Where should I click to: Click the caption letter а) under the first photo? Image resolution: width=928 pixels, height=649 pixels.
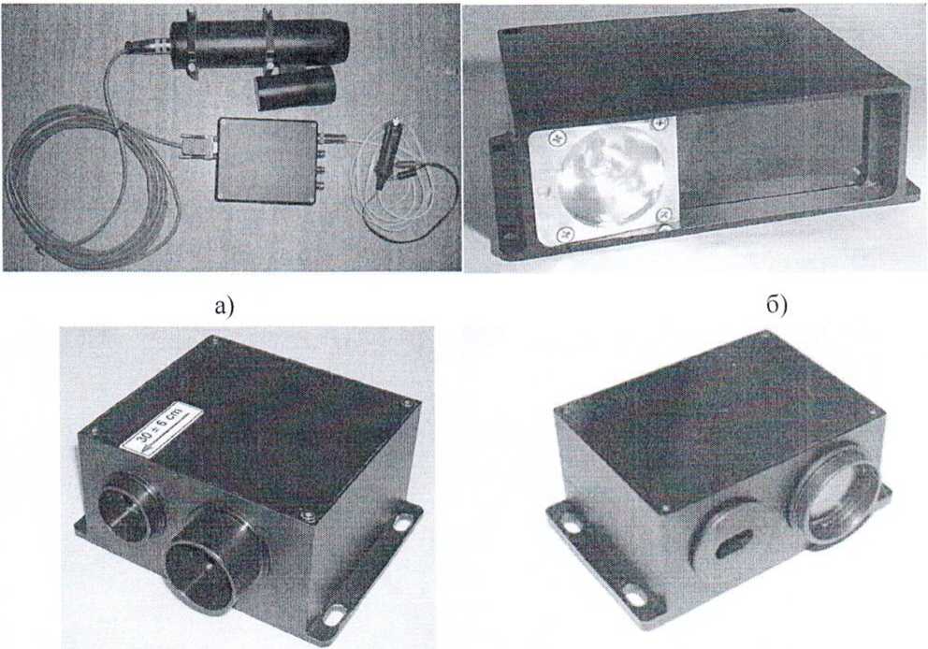tap(225, 307)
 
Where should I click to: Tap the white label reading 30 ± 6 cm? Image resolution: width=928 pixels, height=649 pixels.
tap(158, 432)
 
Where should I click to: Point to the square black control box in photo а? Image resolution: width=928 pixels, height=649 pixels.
tap(267, 161)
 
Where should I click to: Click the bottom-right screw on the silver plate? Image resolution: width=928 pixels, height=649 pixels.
tap(664, 213)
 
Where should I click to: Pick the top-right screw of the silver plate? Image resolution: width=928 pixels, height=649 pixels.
tap(659, 123)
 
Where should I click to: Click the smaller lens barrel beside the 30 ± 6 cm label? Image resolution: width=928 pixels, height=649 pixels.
tap(131, 504)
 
